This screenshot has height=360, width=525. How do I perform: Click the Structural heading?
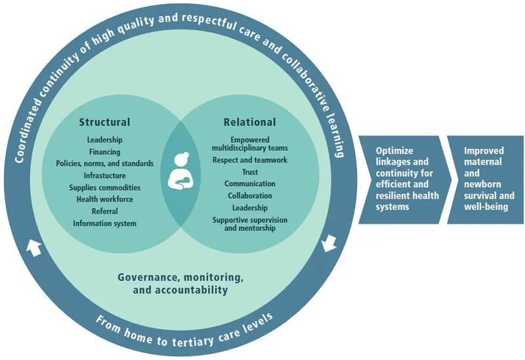coord(104,122)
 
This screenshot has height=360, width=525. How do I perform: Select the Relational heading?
coord(249,122)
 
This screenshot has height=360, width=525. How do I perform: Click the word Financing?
coord(104,151)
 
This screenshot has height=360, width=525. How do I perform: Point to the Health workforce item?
coord(104,199)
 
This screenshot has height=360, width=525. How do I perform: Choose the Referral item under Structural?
coord(104,211)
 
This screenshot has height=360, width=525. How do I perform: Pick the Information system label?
coord(104,224)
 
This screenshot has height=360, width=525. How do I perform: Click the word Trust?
coord(249,172)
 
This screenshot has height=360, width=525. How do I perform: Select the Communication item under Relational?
coord(249,184)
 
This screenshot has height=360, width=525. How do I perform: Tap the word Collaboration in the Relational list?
coord(249,195)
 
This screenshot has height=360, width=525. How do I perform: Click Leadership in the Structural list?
coord(104,140)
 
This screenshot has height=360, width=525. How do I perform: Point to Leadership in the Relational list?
coord(249,207)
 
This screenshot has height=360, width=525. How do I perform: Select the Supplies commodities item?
coord(104,188)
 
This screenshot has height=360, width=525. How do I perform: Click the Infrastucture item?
coord(104,176)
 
